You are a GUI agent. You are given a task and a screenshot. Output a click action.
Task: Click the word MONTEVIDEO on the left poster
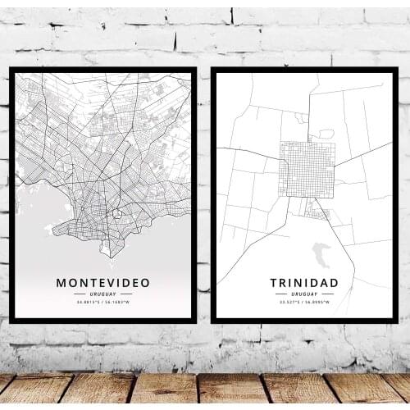tap(102, 283)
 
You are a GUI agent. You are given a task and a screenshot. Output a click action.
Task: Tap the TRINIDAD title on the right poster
tap(303, 283)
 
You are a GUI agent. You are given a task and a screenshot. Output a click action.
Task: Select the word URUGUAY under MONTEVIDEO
tap(102, 294)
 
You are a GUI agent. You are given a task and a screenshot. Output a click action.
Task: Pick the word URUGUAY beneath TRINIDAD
tap(303, 294)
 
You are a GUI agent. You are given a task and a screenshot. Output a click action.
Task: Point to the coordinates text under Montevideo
tap(102, 303)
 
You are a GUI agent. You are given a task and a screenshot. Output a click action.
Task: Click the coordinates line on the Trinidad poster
tap(303, 303)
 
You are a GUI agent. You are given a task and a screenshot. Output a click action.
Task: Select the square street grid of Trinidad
tap(307, 169)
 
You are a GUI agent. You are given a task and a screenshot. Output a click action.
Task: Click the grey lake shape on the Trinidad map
tap(321, 253)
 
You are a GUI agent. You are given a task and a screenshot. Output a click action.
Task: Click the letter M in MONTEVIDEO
tap(61, 283)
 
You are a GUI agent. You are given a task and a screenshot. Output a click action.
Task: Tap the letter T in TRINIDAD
tap(274, 283)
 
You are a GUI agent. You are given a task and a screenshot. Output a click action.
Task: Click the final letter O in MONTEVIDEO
tap(146, 283)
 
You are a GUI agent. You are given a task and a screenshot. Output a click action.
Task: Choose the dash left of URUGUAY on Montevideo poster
tap(80, 294)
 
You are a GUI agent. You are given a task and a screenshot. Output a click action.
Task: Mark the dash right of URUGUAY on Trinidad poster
tap(326, 294)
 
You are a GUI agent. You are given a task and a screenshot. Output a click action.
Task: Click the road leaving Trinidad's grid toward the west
tap(246, 155)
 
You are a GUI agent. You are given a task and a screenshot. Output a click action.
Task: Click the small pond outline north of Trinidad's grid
tap(326, 133)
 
